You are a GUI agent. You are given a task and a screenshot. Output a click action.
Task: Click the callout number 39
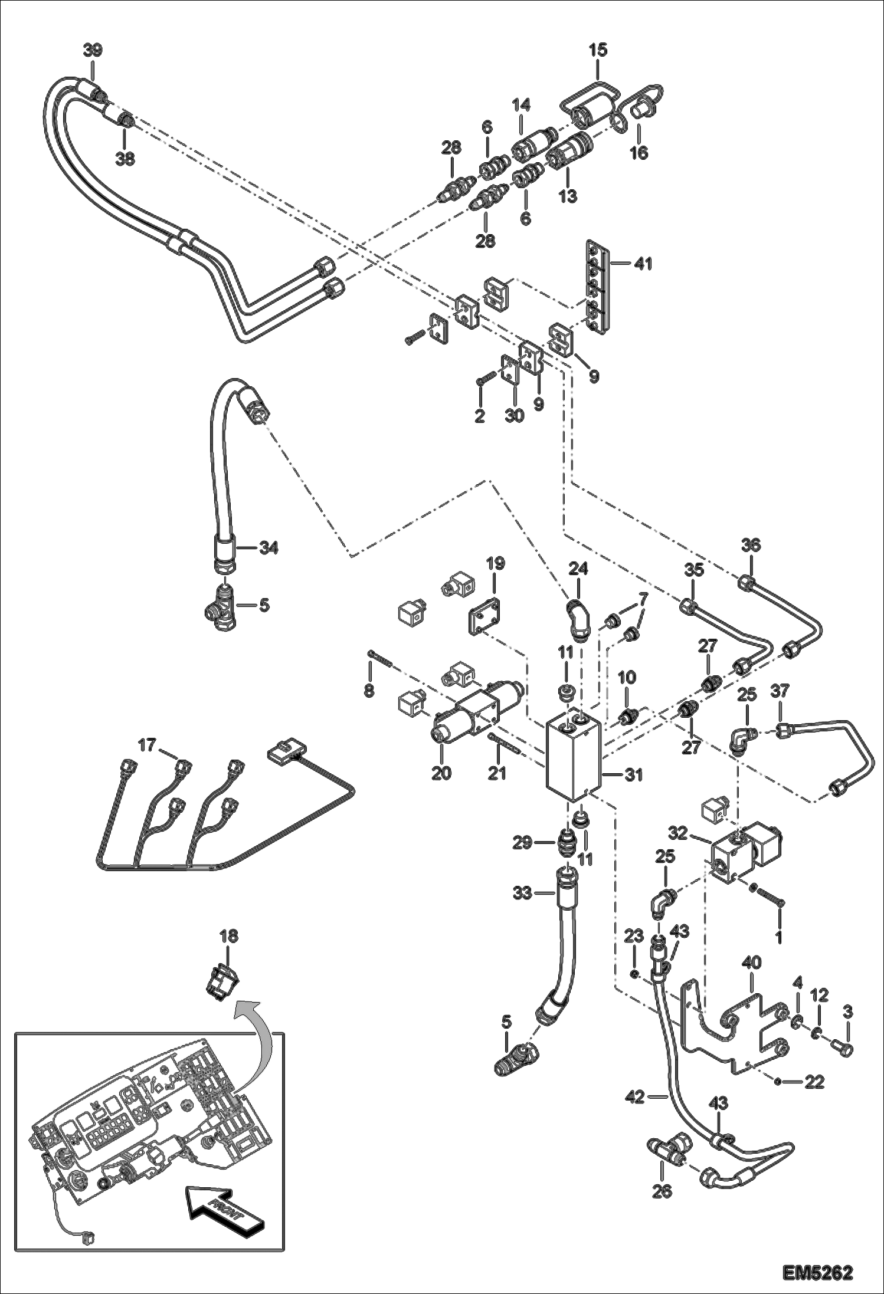tap(92, 51)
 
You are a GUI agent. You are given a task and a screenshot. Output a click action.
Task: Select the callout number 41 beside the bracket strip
tap(643, 264)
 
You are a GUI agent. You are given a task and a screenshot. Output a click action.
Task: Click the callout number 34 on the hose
tap(269, 549)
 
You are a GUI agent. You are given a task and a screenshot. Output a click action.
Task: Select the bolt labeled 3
tap(845, 1049)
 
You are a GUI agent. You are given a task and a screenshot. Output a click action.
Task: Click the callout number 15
tap(598, 50)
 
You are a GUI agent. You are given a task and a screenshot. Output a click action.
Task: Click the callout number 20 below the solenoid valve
tap(441, 773)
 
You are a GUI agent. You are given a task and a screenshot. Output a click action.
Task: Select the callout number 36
tap(751, 546)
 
